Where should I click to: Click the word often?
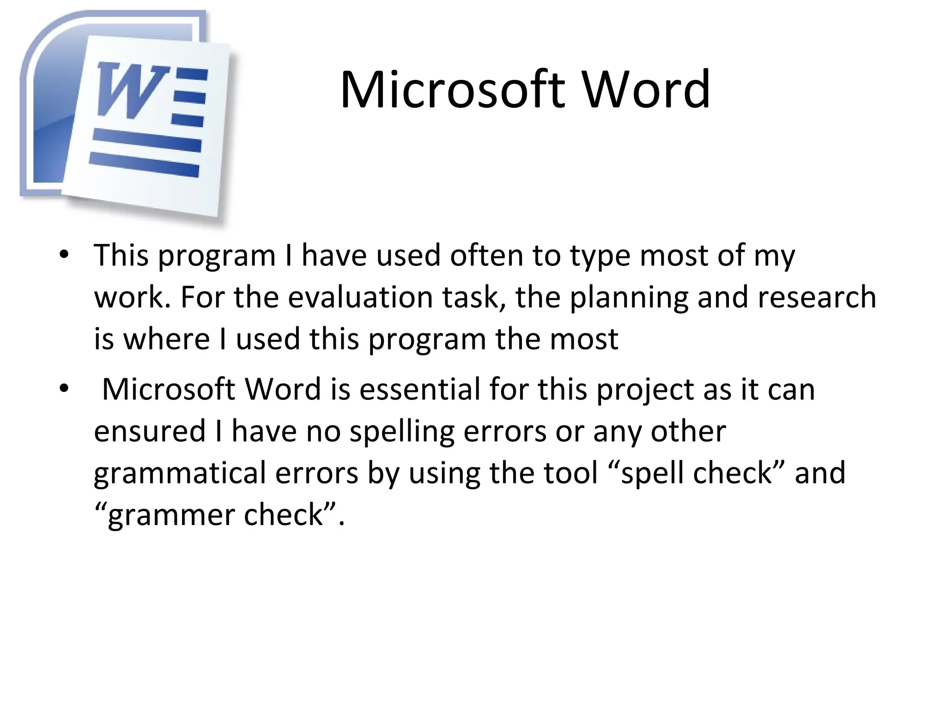[486, 255]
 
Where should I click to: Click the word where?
[166, 339]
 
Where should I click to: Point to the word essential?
[420, 389]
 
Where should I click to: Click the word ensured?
[149, 431]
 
